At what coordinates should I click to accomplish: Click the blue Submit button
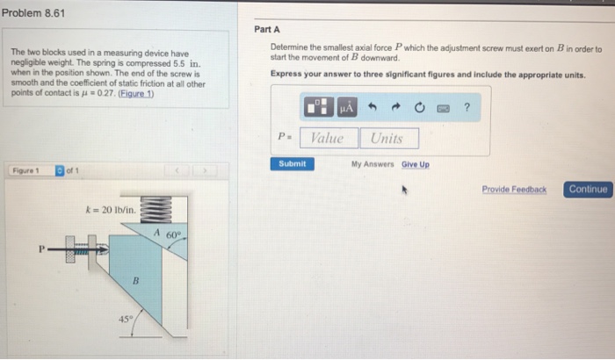point(293,164)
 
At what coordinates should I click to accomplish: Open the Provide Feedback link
point(514,190)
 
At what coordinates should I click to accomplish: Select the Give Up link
point(416,164)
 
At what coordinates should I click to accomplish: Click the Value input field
point(329,138)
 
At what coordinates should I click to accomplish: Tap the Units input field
point(389,139)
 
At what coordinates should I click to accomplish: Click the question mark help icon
point(467,107)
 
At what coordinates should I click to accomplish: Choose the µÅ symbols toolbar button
point(347,107)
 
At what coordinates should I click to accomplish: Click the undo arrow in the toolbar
point(373,106)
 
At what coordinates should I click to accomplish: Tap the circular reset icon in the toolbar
point(419,107)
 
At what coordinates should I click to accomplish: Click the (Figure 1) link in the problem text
point(136,94)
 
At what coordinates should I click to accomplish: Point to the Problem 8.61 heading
point(33,13)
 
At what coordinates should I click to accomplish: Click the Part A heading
point(267,29)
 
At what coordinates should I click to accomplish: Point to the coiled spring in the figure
point(156,209)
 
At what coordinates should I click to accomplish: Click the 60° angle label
point(174,235)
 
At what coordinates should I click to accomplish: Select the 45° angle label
point(126,319)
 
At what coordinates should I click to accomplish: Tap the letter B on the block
point(135,281)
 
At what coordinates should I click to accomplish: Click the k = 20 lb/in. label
point(111,210)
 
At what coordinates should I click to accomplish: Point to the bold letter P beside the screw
point(41,249)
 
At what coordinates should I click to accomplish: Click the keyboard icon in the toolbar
point(443,108)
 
